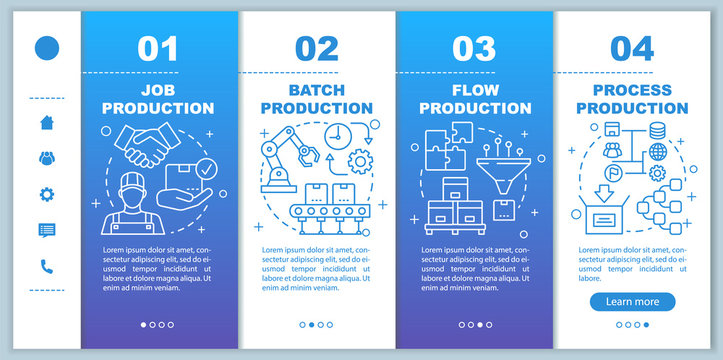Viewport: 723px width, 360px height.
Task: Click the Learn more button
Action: pyautogui.click(x=632, y=301)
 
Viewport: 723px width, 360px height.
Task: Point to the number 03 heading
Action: pyautogui.click(x=475, y=48)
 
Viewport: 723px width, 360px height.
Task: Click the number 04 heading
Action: pyautogui.click(x=632, y=48)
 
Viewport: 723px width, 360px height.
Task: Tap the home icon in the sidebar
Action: pyautogui.click(x=47, y=123)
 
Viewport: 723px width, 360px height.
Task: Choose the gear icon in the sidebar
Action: pyautogui.click(x=47, y=194)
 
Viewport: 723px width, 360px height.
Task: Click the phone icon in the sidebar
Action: pyautogui.click(x=47, y=266)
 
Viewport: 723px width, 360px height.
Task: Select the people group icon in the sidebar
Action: pyautogui.click(x=47, y=158)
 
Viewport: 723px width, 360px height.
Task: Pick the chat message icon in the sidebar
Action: pyautogui.click(x=47, y=230)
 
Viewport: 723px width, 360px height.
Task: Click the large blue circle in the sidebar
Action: pyautogui.click(x=47, y=48)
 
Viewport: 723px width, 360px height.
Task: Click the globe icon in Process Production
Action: pyautogui.click(x=657, y=152)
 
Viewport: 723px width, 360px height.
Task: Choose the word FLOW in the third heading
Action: pyautogui.click(x=475, y=90)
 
